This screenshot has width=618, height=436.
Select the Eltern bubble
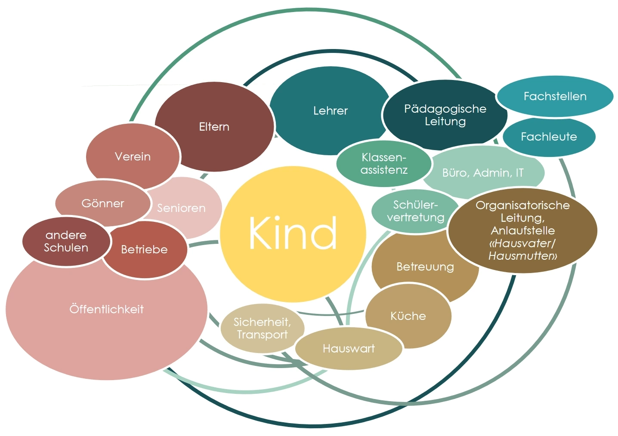(214, 126)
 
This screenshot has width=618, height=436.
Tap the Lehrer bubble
(330, 111)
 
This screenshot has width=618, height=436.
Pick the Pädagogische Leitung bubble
(445, 115)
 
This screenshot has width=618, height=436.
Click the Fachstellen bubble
(555, 96)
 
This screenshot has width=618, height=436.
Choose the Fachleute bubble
(549, 137)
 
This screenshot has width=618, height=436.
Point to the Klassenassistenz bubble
(383, 164)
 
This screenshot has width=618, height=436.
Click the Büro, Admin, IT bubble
(483, 173)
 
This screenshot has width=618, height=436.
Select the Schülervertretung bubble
(415, 211)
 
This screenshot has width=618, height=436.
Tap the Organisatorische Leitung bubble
(522, 230)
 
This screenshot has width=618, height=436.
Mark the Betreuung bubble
(425, 267)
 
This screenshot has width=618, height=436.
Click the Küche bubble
(408, 316)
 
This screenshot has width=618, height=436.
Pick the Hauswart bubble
(349, 348)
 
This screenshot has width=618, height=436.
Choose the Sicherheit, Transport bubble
(262, 328)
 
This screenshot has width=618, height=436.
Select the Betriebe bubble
(144, 249)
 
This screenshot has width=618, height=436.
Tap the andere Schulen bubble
(66, 241)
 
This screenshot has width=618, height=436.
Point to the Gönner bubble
(102, 203)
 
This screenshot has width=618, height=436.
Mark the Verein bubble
(133, 156)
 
